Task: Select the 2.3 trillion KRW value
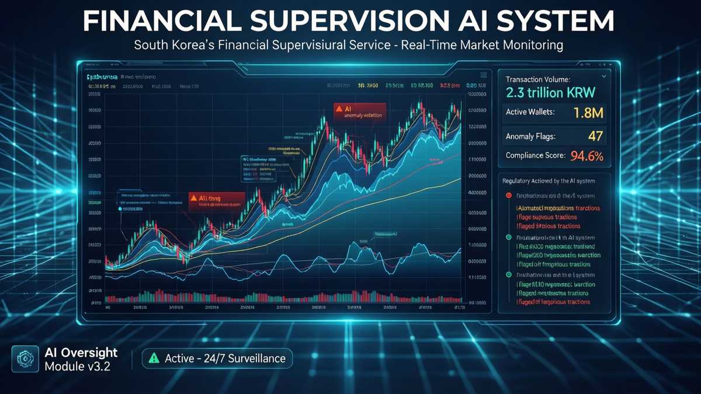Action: point(550,92)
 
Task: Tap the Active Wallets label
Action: point(530,112)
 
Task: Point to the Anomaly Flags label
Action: point(530,137)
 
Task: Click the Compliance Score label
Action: point(535,156)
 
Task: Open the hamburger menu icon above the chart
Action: point(483,75)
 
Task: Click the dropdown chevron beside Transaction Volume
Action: point(603,76)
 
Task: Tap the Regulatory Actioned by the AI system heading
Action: point(553,181)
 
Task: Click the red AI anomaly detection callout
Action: point(359,111)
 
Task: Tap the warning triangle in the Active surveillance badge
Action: point(154,358)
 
